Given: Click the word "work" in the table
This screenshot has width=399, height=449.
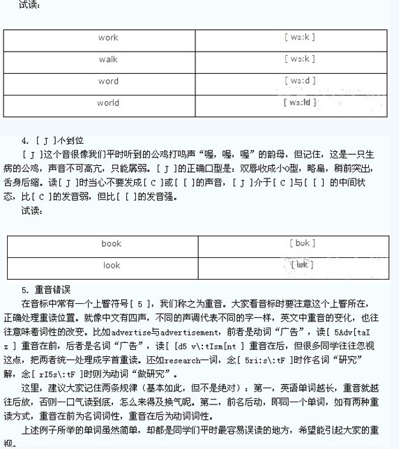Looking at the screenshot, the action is (108, 38).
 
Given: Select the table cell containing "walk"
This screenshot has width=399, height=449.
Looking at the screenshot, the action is (108, 59).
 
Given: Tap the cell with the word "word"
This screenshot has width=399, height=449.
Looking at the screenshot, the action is (108, 81).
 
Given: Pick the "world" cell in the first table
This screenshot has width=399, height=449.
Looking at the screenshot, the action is (108, 102).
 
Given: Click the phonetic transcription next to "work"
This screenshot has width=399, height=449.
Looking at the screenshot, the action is (301, 38).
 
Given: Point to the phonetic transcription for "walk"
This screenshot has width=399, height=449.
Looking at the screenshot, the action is (301, 59).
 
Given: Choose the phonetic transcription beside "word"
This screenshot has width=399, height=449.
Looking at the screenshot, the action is (301, 81).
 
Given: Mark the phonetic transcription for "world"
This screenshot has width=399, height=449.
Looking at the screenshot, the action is (301, 102).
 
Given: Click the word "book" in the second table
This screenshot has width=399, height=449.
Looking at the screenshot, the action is (111, 244).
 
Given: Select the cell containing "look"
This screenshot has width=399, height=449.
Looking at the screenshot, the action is (112, 266).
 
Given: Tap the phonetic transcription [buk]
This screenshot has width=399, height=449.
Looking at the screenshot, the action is (302, 243).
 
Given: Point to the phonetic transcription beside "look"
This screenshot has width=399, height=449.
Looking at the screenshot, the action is (301, 265).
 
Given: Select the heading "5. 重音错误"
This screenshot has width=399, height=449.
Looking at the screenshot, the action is (46, 289).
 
